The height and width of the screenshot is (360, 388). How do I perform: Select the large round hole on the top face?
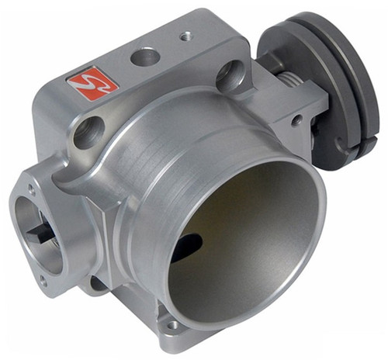tap(144, 57)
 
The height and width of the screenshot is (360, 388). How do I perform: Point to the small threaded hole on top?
tap(185, 36)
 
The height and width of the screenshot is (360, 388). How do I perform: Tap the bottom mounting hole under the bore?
tap(172, 326)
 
